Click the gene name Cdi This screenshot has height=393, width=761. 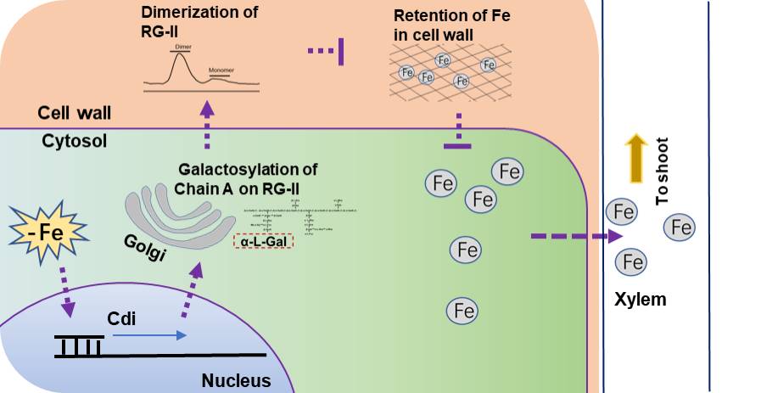coord(122,320)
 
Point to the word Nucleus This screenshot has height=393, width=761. coord(236,381)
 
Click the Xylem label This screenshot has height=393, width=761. coord(641,299)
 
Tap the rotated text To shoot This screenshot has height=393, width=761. coord(663,170)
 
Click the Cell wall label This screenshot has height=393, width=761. coord(75,113)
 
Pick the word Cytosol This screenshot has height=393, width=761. coord(75,141)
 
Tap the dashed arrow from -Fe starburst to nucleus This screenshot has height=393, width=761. coord(64,293)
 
